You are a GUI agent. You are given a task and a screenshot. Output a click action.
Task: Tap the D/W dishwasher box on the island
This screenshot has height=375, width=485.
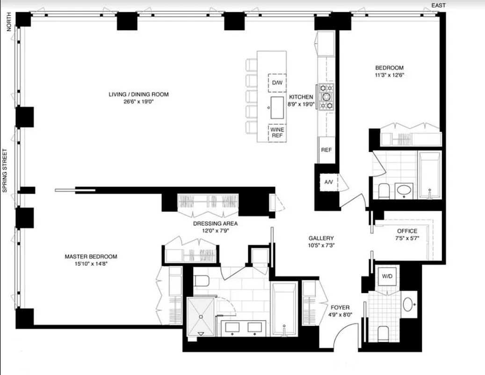(x=277, y=83)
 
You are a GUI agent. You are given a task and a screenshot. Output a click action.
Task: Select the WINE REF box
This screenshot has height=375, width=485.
(x=277, y=133)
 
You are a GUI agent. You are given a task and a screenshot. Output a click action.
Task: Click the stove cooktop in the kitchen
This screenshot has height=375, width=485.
(x=326, y=97)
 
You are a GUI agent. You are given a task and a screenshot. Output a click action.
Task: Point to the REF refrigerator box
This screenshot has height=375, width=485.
(x=326, y=150)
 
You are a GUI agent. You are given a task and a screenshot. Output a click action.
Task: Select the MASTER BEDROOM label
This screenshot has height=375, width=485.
(x=91, y=256)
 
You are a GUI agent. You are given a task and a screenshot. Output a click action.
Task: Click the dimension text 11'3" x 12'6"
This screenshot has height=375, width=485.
(x=389, y=75)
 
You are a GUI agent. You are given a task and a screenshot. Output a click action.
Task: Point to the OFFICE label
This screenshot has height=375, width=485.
(x=407, y=231)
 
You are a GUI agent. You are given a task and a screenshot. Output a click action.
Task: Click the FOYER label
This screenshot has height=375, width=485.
(x=340, y=307)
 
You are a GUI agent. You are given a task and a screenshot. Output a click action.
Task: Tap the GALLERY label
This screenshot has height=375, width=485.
(x=321, y=238)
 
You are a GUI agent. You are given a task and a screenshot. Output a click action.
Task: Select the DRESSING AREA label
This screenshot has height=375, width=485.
(x=215, y=224)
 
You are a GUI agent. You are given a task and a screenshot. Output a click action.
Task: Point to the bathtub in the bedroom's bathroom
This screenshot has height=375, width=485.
(x=429, y=174)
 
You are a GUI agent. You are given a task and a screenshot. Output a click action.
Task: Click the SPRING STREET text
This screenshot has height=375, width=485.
(x=5, y=171)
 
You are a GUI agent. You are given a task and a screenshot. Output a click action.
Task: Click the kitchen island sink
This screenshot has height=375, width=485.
(x=277, y=108)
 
